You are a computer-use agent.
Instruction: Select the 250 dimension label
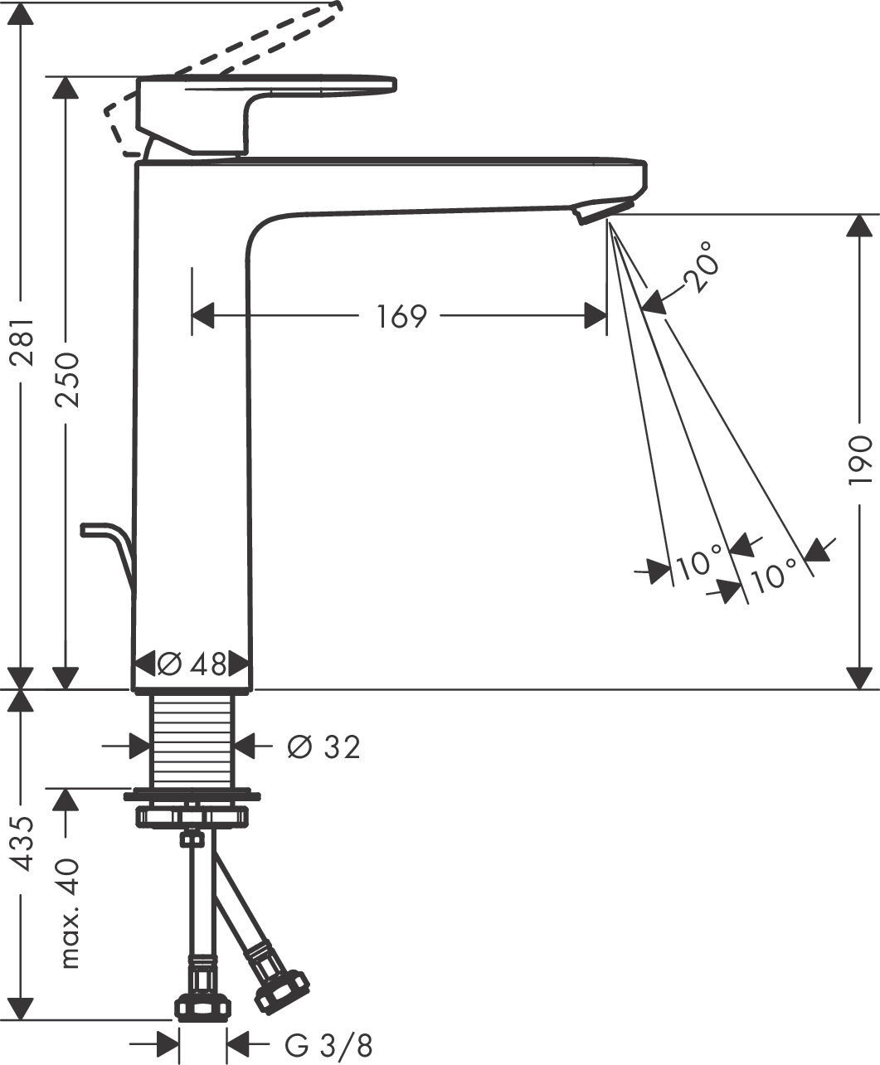click(x=66, y=379)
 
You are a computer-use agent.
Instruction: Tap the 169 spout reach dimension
click(x=401, y=317)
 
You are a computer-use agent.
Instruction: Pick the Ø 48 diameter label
click(x=192, y=664)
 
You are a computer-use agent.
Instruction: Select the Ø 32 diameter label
click(x=323, y=747)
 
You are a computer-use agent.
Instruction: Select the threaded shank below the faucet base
click(x=192, y=738)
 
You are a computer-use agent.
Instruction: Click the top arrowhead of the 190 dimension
click(x=862, y=226)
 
